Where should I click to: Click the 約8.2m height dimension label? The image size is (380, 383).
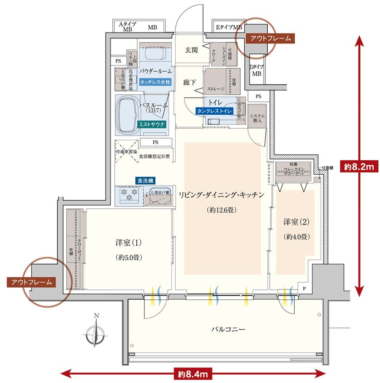pyautogui.click(x=359, y=167)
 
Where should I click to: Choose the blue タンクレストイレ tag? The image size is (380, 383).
pyautogui.click(x=214, y=111)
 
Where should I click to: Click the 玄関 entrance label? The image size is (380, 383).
pyautogui.click(x=191, y=50)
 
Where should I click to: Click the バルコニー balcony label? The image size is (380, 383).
pyautogui.click(x=228, y=329)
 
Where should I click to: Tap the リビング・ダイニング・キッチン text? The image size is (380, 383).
pyautogui.click(x=221, y=195)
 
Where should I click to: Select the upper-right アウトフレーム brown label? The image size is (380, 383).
pyautogui.click(x=270, y=38)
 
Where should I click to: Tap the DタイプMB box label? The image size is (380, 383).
pyautogui.click(x=256, y=70)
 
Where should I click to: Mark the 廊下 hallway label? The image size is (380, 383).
pyautogui.click(x=189, y=82)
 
